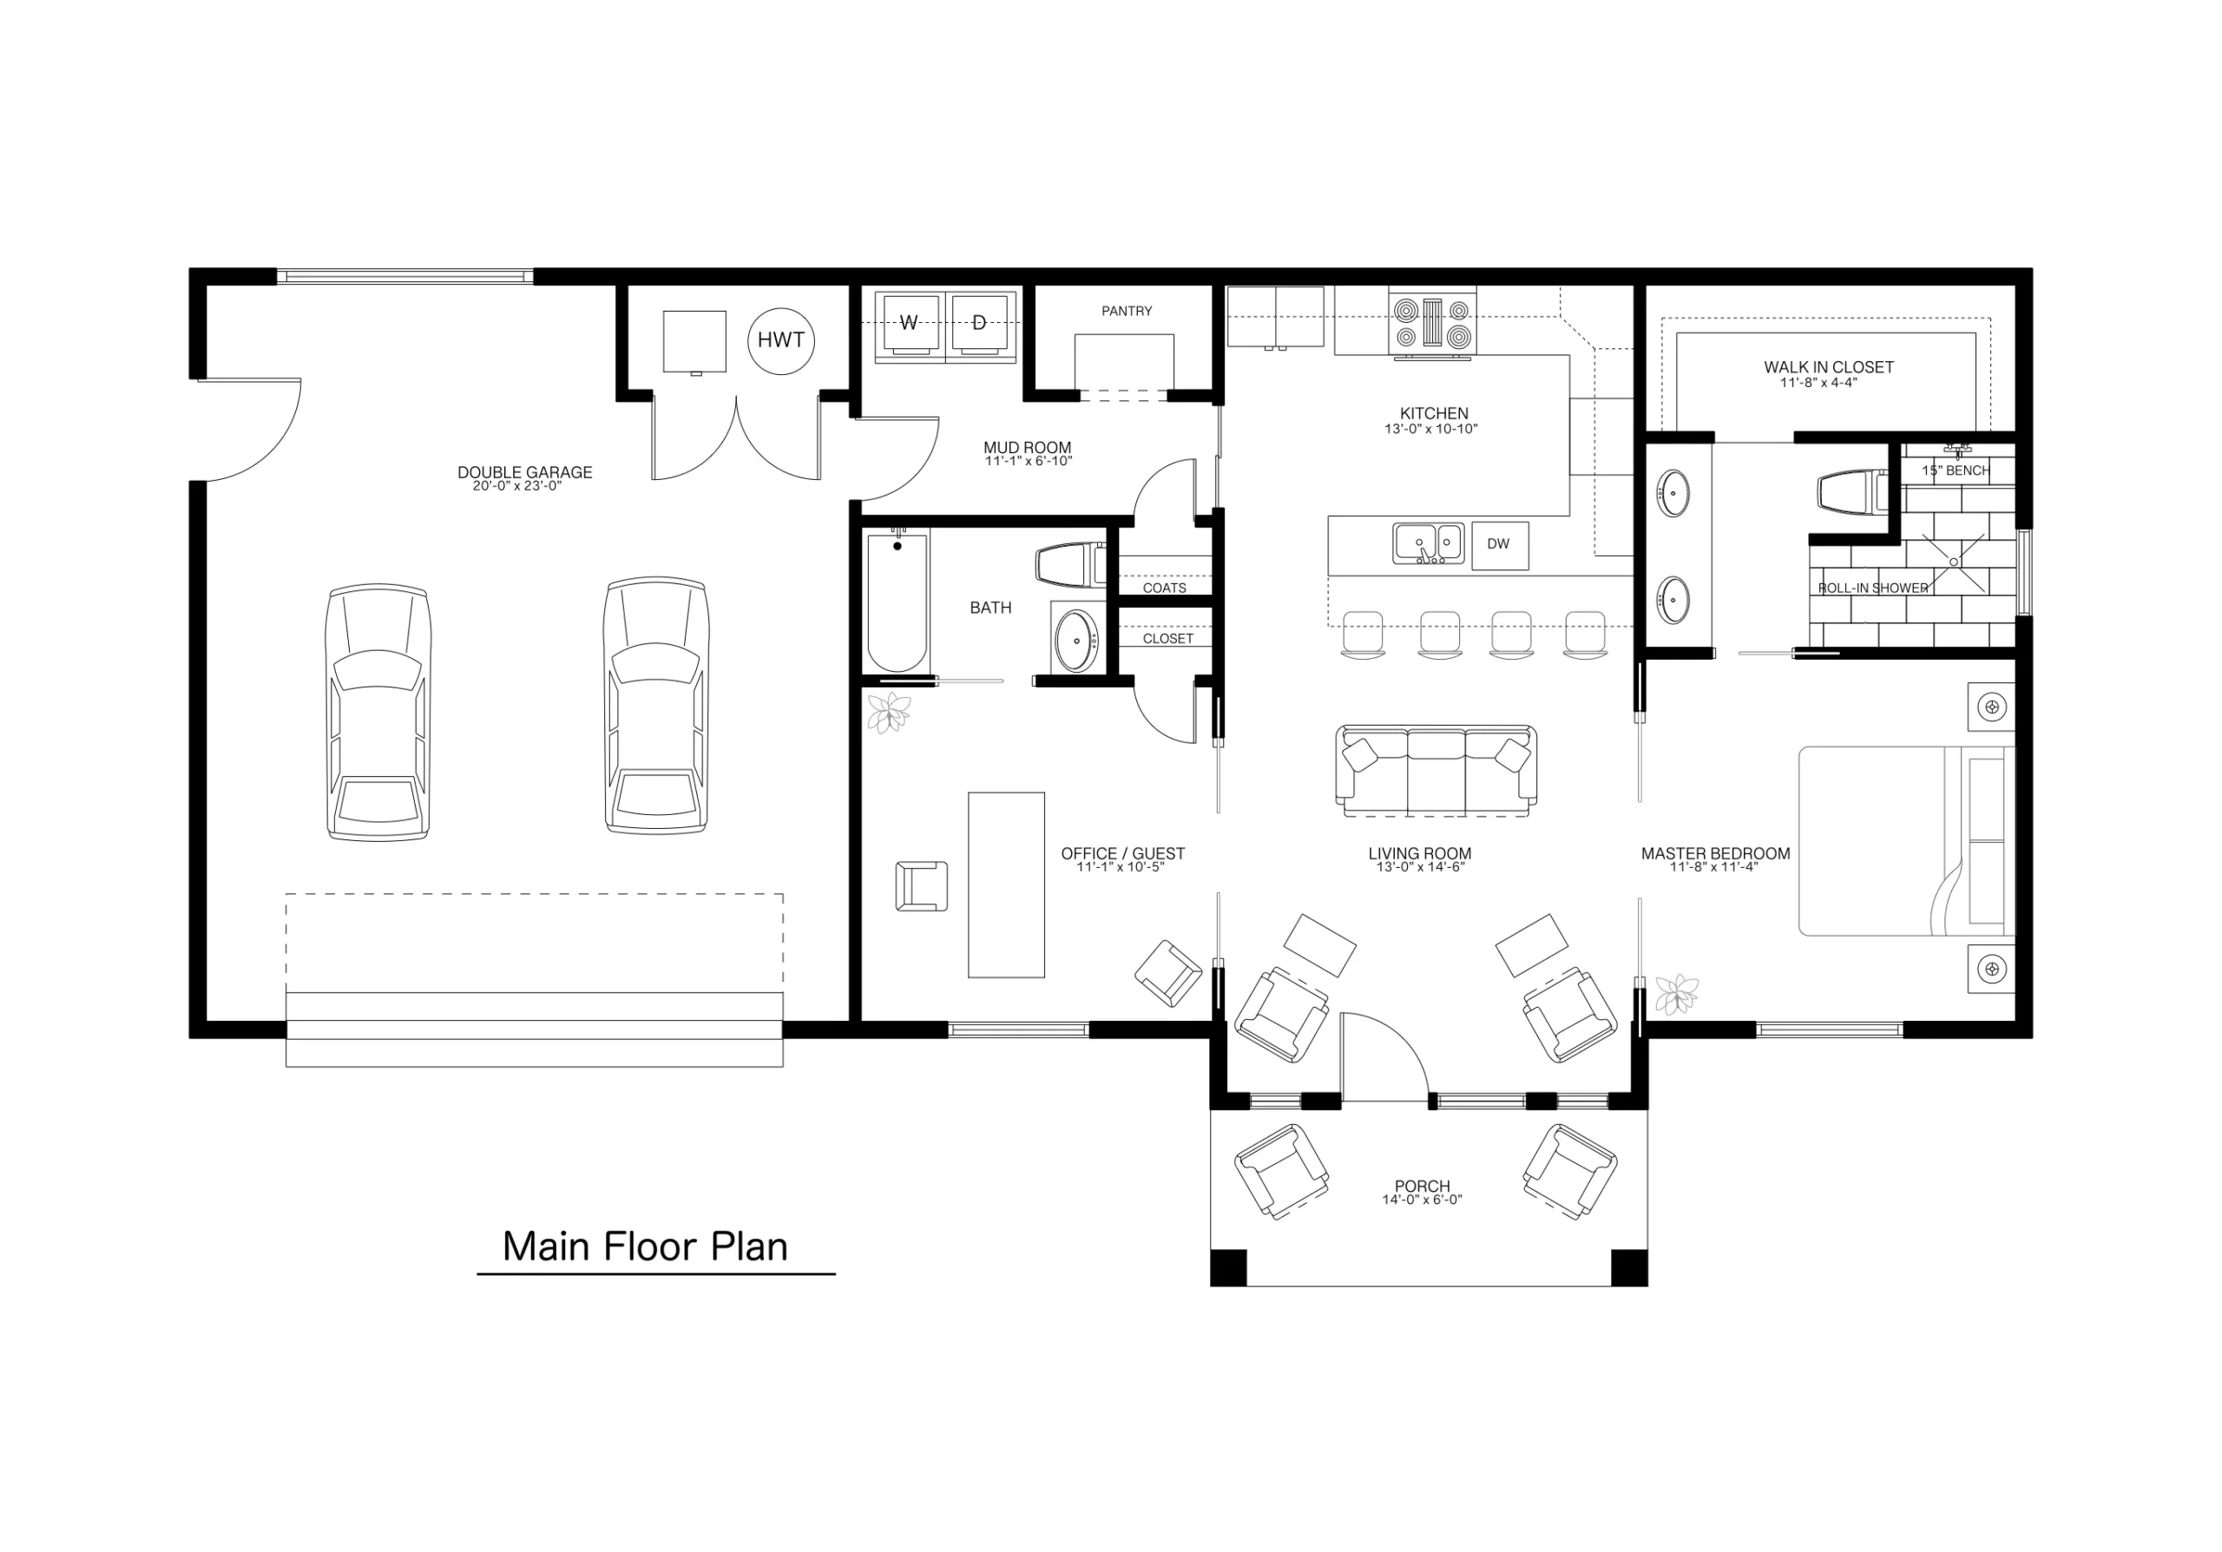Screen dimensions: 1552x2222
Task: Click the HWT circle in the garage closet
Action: pyautogui.click(x=780, y=339)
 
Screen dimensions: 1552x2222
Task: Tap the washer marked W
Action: pyautogui.click(x=908, y=323)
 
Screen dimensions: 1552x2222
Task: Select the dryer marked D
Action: pyautogui.click(x=979, y=323)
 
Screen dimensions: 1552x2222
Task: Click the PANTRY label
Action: pyautogui.click(x=1127, y=311)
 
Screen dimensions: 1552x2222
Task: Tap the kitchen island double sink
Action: pyautogui.click(x=1428, y=543)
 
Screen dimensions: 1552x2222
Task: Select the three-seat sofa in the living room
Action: pyautogui.click(x=1436, y=768)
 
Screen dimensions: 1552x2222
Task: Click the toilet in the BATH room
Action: pyautogui.click(x=1069, y=565)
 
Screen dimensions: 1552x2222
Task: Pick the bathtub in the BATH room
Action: pyautogui.click(x=897, y=602)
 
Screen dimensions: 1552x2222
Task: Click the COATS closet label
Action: pyautogui.click(x=1164, y=589)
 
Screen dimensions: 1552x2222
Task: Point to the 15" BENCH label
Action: pyautogui.click(x=1955, y=471)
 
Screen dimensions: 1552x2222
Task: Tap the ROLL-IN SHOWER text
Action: pyautogui.click(x=1872, y=589)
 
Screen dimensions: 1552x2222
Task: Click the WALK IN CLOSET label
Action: pyautogui.click(x=1828, y=368)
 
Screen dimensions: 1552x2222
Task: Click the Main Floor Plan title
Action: pyautogui.click(x=645, y=1247)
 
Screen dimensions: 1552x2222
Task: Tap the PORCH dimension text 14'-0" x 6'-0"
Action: pyautogui.click(x=1422, y=1200)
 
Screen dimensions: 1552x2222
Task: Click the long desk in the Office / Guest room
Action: pyautogui.click(x=1005, y=885)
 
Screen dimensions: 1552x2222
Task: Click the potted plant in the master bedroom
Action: pyautogui.click(x=1675, y=995)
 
